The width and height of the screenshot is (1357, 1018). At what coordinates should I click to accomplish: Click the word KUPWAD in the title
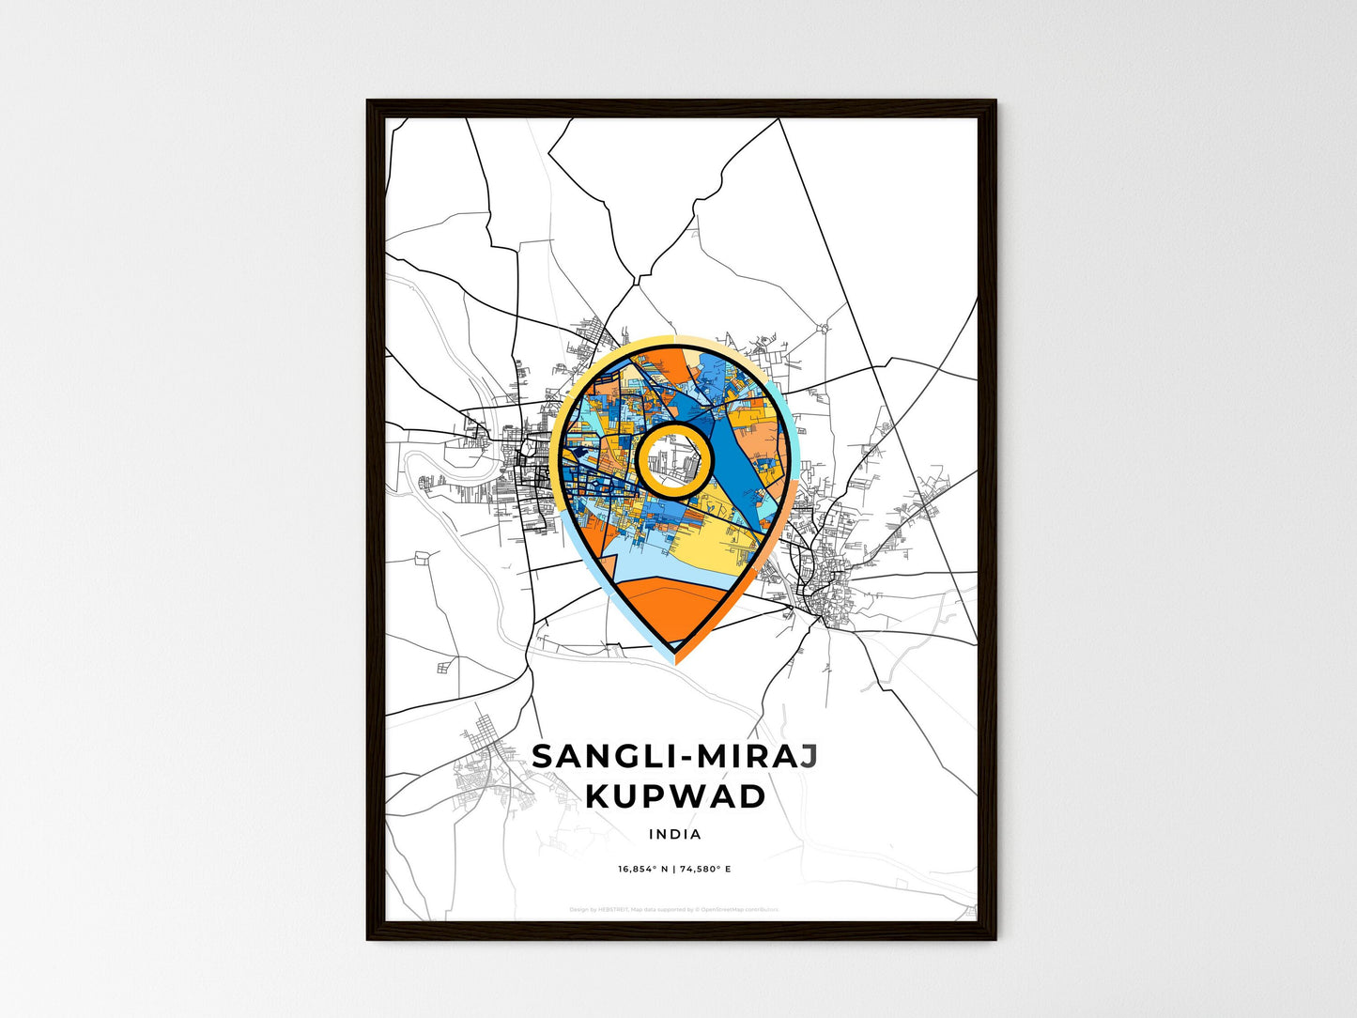click(x=674, y=796)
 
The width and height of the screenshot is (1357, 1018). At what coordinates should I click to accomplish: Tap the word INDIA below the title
click(x=674, y=834)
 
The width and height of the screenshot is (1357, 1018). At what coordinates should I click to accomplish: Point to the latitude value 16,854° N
click(x=642, y=869)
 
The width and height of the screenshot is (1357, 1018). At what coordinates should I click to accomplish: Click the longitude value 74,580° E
click(x=705, y=869)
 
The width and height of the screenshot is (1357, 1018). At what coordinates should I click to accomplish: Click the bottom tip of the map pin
click(x=675, y=656)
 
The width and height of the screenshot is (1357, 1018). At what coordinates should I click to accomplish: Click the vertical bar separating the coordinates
click(x=673, y=869)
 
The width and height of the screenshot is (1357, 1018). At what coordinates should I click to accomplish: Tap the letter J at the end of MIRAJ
click(x=808, y=757)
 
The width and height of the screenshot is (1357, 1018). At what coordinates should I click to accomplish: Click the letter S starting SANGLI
click(x=543, y=757)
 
